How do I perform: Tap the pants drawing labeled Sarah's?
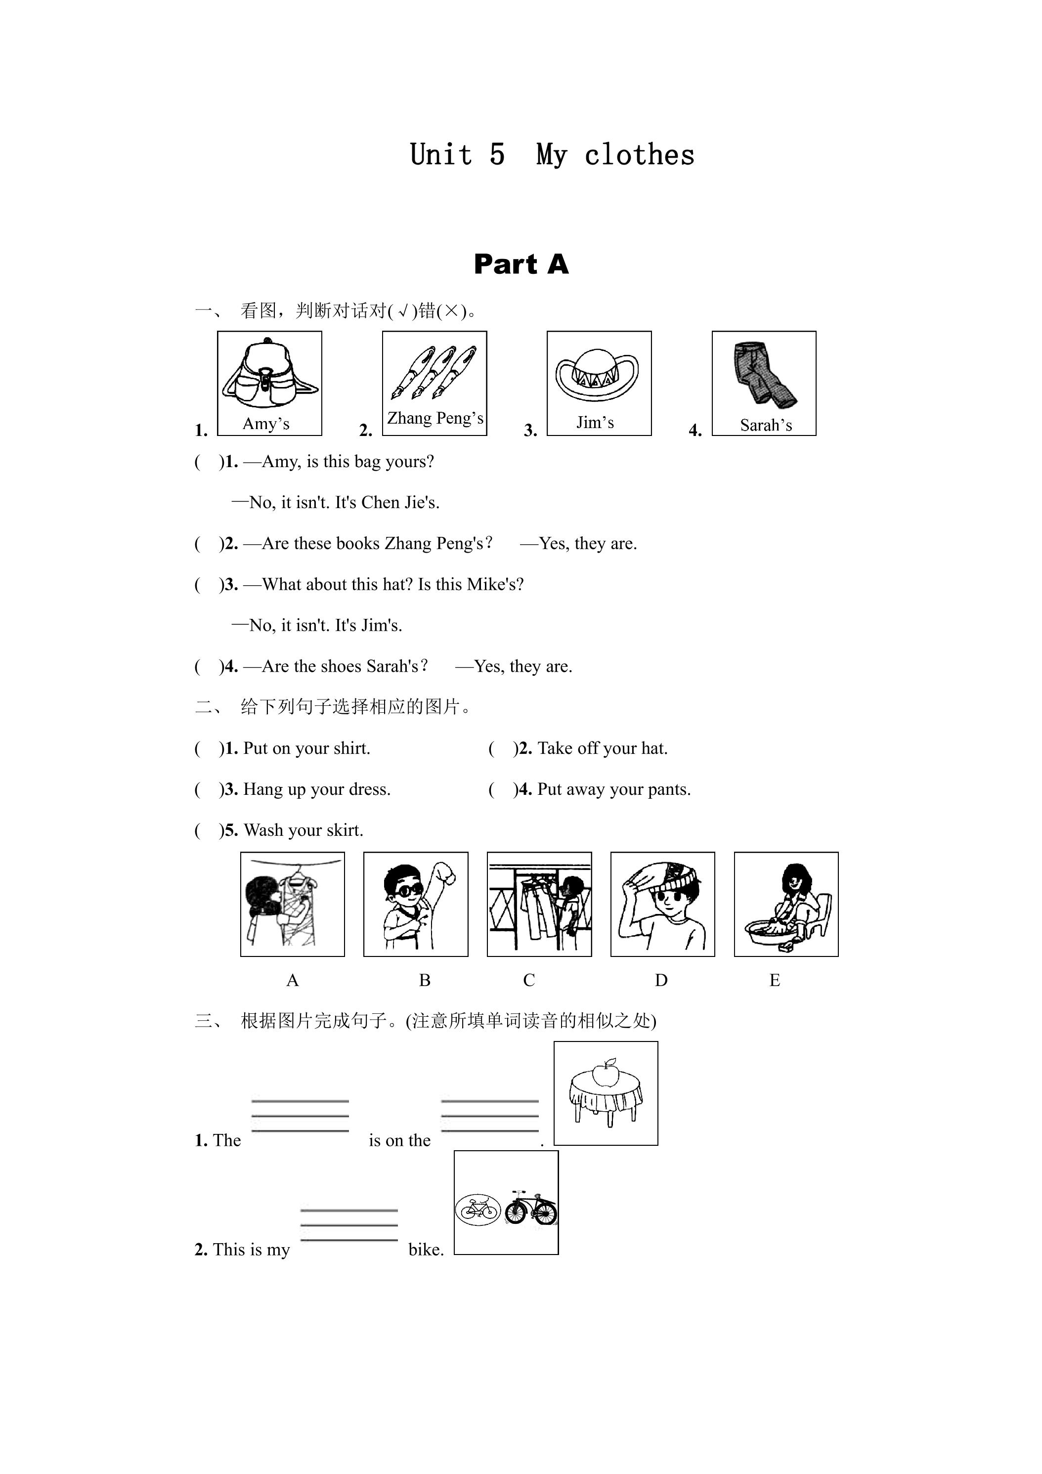(x=764, y=375)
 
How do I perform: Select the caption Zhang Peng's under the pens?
(x=435, y=419)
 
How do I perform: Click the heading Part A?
(x=521, y=264)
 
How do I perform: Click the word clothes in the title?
(x=640, y=155)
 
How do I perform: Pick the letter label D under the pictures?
(x=661, y=980)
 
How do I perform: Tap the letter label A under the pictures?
(x=292, y=980)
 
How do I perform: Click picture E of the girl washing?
(x=786, y=905)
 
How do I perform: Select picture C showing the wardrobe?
(x=539, y=905)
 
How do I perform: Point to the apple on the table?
(x=605, y=1073)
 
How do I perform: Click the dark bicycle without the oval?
(x=530, y=1208)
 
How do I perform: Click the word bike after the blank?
(x=425, y=1249)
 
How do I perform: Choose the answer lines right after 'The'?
(x=300, y=1116)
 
